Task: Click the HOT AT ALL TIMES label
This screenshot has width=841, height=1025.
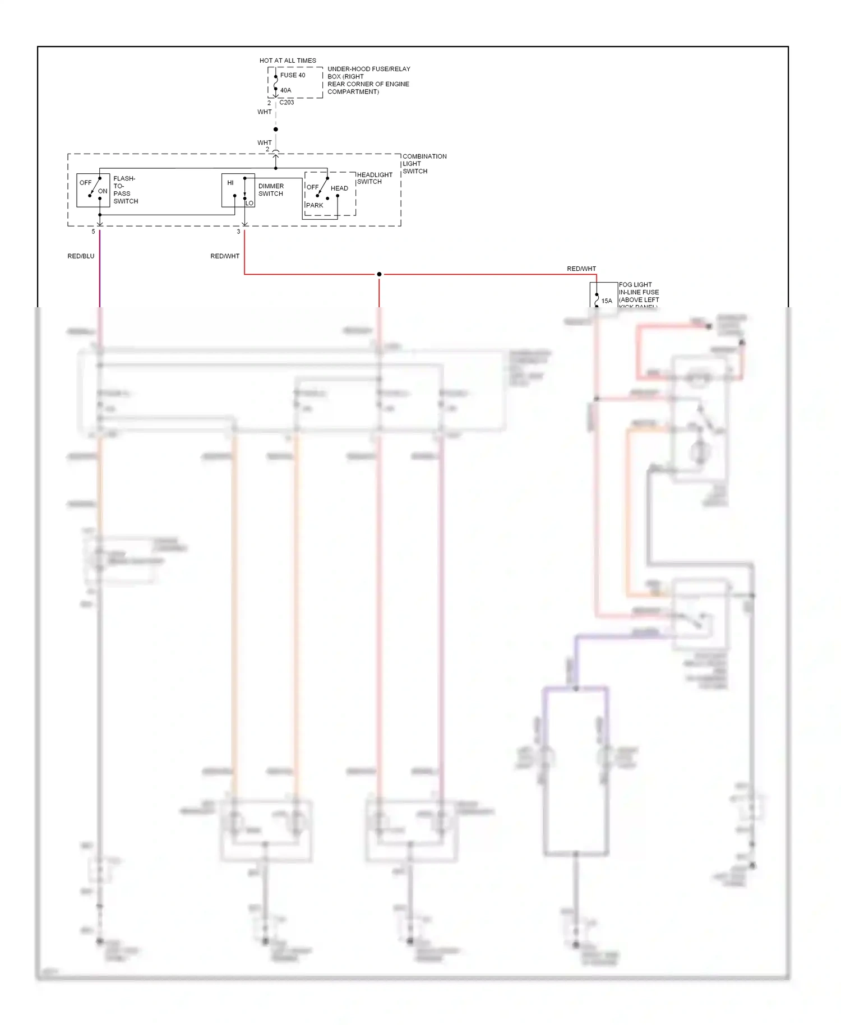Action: [x=288, y=61]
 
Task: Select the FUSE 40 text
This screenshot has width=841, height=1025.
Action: [x=293, y=75]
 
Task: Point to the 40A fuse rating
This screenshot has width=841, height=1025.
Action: [x=285, y=90]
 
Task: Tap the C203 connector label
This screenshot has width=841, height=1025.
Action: [x=287, y=103]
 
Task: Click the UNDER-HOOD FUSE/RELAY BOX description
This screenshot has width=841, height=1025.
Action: [x=368, y=80]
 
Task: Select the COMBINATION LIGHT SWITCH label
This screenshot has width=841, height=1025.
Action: [x=424, y=164]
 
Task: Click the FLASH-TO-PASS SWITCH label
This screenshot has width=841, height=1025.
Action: [x=125, y=190]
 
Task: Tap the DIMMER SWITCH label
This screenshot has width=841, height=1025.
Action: [x=271, y=190]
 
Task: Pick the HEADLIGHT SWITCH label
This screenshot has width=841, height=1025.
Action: [x=374, y=178]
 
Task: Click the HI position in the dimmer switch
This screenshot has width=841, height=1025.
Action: [x=230, y=183]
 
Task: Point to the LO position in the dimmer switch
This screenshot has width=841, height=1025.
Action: [x=249, y=203]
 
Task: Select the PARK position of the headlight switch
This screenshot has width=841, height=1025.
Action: [x=315, y=205]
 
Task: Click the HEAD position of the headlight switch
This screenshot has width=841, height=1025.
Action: [x=339, y=188]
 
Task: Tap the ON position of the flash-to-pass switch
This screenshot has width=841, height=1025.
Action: [x=103, y=191]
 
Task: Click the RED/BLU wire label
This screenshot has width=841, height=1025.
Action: [x=81, y=256]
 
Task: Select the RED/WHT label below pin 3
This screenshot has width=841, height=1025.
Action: [x=225, y=256]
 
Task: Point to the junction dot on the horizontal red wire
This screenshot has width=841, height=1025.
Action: [x=379, y=274]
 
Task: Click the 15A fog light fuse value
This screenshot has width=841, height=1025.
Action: [x=607, y=301]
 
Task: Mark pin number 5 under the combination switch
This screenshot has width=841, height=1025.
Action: [x=93, y=232]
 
